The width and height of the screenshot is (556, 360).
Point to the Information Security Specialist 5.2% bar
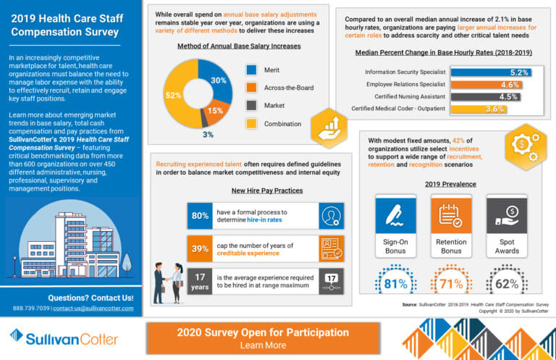click(x=490, y=72)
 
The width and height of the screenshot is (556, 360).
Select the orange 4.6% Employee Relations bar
click(x=485, y=85)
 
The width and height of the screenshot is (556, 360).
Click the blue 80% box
click(x=200, y=215)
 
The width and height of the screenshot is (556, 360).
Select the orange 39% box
click(x=200, y=248)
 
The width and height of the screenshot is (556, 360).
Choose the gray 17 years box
click(x=200, y=280)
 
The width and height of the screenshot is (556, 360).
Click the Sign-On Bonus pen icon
click(x=395, y=215)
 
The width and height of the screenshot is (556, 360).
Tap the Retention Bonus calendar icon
click(x=450, y=215)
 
